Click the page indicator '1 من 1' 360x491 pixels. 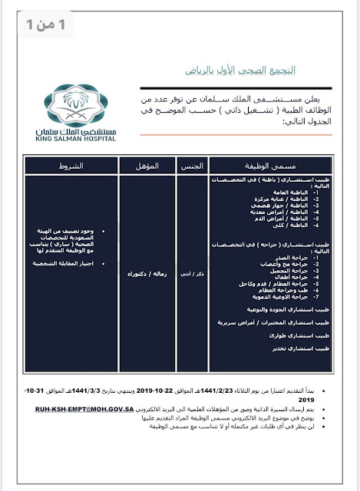click(x=38, y=24)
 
